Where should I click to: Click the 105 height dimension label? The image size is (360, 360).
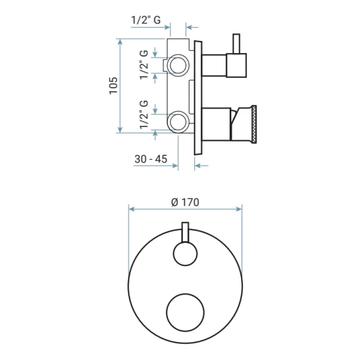(x=113, y=85)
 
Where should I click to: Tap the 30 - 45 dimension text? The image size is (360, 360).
(x=151, y=159)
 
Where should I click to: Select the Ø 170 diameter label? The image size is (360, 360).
(x=185, y=202)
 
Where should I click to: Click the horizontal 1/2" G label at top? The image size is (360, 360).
(x=146, y=20)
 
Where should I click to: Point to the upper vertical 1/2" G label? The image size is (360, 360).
(x=144, y=65)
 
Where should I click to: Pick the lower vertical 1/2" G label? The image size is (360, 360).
(x=144, y=115)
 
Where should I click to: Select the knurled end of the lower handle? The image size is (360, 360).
(x=254, y=124)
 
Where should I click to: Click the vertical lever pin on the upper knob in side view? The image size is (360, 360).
(x=236, y=44)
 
